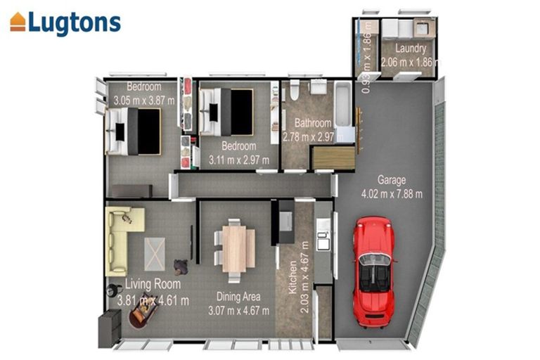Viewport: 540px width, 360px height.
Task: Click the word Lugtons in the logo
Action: (x=75, y=22)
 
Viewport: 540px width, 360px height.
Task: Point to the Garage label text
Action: (x=391, y=179)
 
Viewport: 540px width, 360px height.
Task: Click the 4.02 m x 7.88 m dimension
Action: (x=392, y=193)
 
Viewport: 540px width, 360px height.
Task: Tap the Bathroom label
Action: (x=312, y=123)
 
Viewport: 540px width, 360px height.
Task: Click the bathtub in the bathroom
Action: (x=344, y=109)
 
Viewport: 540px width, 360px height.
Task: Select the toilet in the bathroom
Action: (x=294, y=89)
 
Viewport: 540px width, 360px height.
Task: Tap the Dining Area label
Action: (x=238, y=297)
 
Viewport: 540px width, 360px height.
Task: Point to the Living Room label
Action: (x=153, y=284)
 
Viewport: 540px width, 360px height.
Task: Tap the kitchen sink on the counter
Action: (x=322, y=241)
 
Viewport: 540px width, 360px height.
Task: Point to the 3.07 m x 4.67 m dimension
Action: (x=238, y=310)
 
